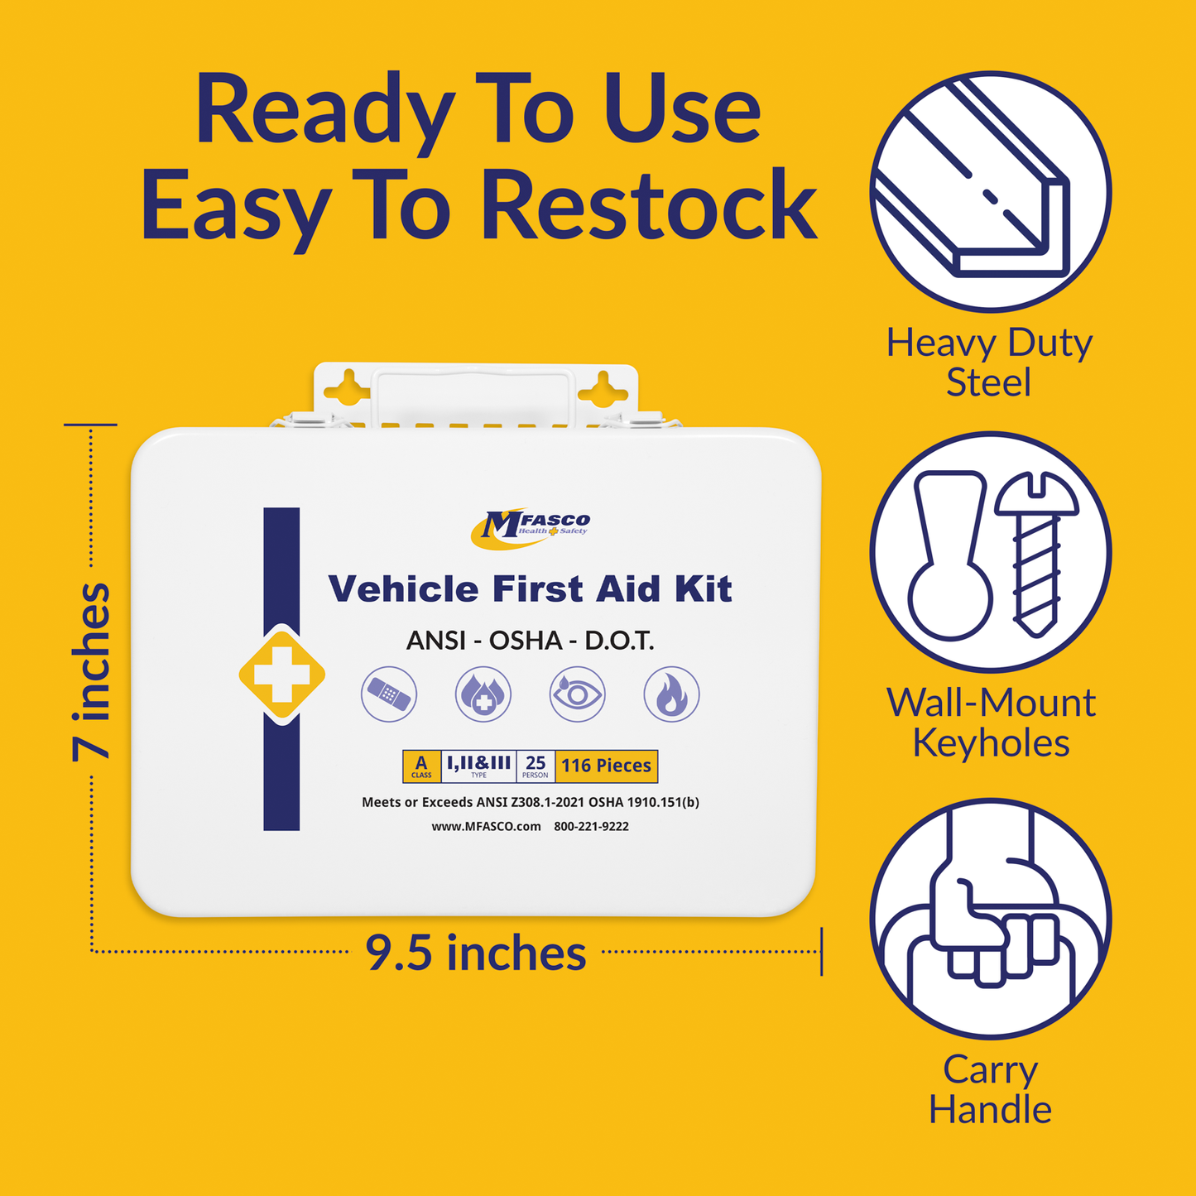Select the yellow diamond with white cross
tap(281, 675)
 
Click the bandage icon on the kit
tap(389, 694)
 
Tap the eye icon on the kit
tap(577, 694)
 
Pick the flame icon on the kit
tap(671, 694)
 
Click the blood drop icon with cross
tap(483, 694)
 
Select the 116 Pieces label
tap(606, 766)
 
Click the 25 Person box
tap(536, 766)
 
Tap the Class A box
tap(421, 766)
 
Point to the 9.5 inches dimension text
tap(476, 953)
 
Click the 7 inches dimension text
tap(91, 671)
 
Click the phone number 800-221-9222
tap(591, 826)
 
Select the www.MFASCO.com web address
tap(486, 826)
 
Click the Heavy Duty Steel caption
tap(989, 363)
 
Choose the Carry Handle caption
tap(990, 1089)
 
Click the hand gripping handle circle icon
tap(990, 919)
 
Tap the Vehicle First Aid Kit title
tap(530, 589)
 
